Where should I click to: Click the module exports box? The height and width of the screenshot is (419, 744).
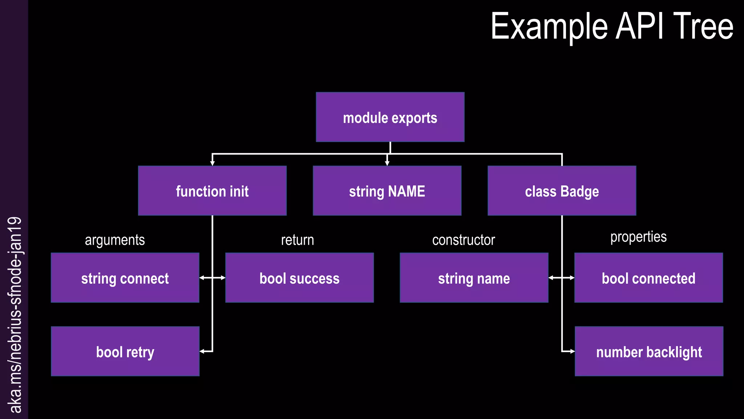(x=390, y=117)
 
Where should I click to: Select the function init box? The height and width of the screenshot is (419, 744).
(x=212, y=191)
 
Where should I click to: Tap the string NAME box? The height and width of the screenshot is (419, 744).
(x=387, y=191)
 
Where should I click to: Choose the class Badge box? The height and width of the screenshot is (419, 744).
(x=562, y=191)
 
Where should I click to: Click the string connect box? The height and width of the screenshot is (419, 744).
(x=125, y=278)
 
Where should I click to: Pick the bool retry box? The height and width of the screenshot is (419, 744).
(x=125, y=351)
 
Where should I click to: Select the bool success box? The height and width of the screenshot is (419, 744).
(x=299, y=278)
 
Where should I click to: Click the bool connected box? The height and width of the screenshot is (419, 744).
(x=648, y=278)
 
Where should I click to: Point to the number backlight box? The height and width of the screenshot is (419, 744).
(x=649, y=351)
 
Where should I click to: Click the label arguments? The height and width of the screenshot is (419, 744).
(x=115, y=240)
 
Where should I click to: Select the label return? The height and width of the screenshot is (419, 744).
(x=298, y=240)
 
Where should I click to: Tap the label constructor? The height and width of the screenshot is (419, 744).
(x=464, y=240)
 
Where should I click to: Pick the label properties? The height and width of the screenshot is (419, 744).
(x=638, y=237)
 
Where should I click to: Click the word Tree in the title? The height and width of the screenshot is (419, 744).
(x=703, y=26)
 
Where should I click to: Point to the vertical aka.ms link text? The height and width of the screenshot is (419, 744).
(x=15, y=315)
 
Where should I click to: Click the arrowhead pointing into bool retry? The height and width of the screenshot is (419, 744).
(x=202, y=351)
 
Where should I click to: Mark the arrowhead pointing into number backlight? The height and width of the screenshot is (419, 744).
(x=572, y=351)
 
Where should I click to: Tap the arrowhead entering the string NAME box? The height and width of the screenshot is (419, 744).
(x=387, y=163)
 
